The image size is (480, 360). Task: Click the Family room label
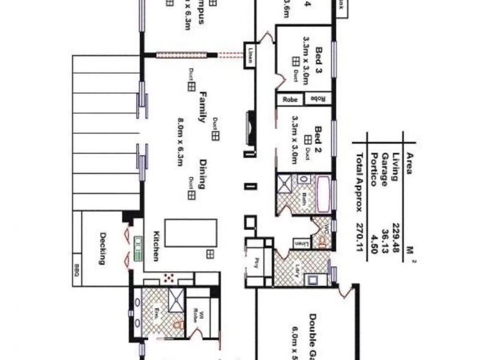[203, 106]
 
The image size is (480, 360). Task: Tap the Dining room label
[202, 173]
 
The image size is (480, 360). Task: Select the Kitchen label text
[155, 245]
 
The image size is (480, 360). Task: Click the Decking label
[103, 248]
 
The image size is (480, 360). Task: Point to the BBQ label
[77, 271]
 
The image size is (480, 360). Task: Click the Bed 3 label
[319, 59]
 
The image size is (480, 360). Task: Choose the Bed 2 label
[319, 139]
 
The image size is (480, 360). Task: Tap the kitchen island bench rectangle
[191, 233]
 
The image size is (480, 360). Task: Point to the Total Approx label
[360, 180]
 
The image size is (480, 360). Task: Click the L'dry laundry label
[298, 268]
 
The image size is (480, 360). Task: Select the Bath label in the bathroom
[304, 198]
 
